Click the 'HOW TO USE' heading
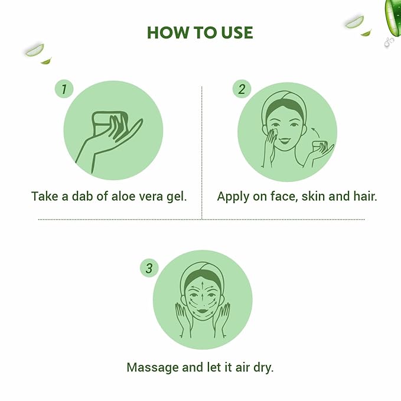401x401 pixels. [x=200, y=32]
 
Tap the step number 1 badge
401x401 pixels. [x=64, y=90]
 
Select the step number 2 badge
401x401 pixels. [x=241, y=90]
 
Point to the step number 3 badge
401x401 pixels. [x=149, y=268]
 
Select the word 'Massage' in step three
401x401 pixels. [x=152, y=367]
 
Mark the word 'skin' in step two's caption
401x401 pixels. [x=315, y=196]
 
